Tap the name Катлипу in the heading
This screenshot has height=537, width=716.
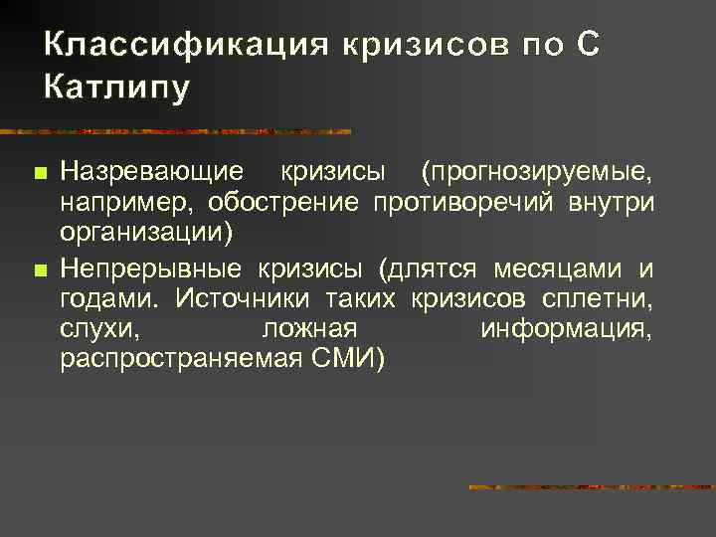click(x=116, y=89)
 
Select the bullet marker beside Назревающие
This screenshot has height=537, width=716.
click(x=39, y=174)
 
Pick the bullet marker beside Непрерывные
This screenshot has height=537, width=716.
click(x=39, y=269)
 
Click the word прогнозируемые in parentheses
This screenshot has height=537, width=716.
click(x=537, y=173)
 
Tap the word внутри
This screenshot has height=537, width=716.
click(x=614, y=204)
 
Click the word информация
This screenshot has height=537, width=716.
click(x=566, y=329)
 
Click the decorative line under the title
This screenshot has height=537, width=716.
click(x=179, y=130)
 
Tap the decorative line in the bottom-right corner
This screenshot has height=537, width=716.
click(x=592, y=487)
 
